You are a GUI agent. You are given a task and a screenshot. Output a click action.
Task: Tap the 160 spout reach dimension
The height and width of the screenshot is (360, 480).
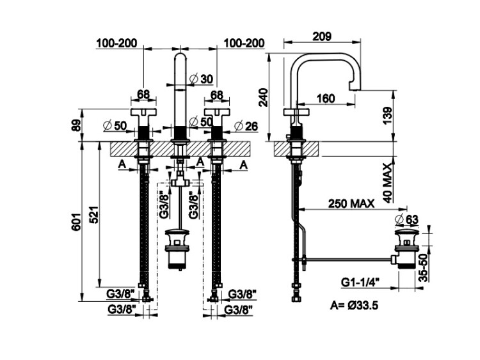click(325, 98)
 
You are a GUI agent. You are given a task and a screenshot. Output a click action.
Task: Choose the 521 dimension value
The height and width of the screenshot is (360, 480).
click(93, 214)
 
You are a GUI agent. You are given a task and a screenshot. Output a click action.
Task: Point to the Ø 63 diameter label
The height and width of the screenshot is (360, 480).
click(407, 219)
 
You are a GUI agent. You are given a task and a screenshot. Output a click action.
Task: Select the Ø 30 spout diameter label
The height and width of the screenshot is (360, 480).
click(202, 79)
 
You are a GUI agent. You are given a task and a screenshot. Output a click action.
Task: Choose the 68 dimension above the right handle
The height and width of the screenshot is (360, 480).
click(216, 95)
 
